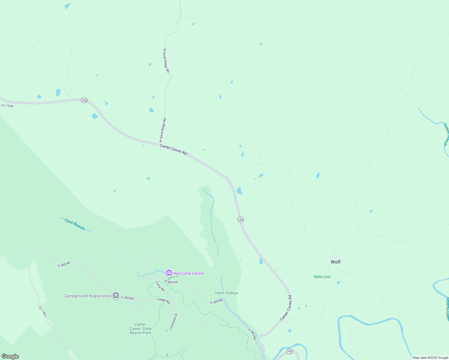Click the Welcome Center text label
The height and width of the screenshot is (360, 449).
(189, 273)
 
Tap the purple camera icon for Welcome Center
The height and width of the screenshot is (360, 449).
(169, 273)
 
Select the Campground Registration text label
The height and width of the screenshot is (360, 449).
(87, 296)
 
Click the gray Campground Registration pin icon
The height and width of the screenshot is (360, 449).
(116, 295)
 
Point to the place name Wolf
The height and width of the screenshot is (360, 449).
(336, 262)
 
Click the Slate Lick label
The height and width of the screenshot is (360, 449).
(322, 277)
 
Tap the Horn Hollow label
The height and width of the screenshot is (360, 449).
(227, 293)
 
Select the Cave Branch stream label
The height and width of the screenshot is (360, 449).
(75, 224)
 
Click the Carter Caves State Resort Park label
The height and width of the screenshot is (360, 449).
(140, 328)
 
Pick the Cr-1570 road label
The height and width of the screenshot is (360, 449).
(8, 106)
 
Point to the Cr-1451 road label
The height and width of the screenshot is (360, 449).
(43, 312)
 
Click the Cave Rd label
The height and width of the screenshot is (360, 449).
(160, 286)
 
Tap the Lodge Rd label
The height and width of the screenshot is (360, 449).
(163, 300)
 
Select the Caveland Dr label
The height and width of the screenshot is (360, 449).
(173, 321)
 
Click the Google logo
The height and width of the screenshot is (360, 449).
(10, 356)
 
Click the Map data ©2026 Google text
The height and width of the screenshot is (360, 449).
(430, 358)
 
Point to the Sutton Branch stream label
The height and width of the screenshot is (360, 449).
(446, 134)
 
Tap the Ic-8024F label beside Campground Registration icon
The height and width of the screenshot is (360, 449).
(128, 298)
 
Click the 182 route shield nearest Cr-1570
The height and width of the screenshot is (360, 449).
(84, 100)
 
